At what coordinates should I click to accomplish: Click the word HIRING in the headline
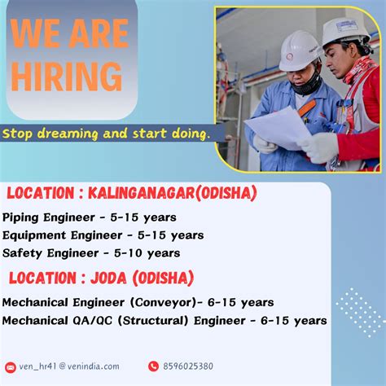pos(67,77)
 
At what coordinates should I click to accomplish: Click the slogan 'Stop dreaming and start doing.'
pos(107,132)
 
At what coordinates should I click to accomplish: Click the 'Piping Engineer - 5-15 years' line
pos(90,217)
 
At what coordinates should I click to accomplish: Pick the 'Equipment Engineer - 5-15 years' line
pos(103,235)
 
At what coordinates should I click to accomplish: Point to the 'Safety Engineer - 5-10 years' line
pos(91,252)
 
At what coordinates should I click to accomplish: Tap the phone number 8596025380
pos(188,366)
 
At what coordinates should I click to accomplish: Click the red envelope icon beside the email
pos(11,367)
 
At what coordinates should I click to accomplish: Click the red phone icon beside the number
pos(153,366)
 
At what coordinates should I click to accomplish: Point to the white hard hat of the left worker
pos(300,50)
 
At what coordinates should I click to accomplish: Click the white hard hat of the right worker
pos(345,33)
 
